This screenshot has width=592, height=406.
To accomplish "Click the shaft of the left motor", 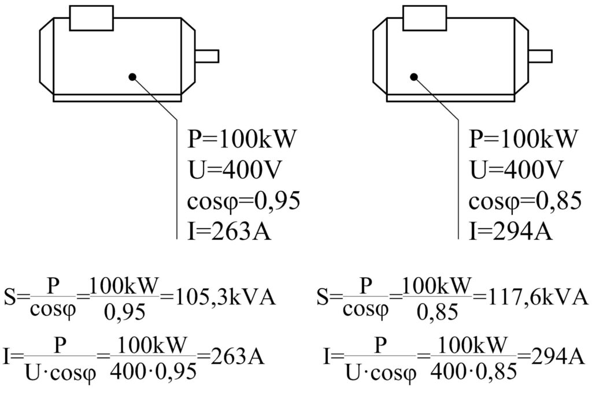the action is [207, 56].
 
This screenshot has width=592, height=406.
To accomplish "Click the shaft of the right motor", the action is [541, 56].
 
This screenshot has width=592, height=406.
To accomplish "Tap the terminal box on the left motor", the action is [91, 18].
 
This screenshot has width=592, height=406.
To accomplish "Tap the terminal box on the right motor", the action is [425, 18].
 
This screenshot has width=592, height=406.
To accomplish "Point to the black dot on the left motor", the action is [132, 77].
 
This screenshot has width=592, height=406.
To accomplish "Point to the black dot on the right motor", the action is [414, 77].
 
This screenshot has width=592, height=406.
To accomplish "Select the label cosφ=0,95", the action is [244, 201].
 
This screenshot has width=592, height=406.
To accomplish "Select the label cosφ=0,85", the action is [525, 201].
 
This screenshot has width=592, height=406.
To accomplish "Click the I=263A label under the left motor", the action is [230, 231].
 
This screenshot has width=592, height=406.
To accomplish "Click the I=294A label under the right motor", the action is [511, 231].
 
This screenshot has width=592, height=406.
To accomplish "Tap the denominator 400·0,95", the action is [154, 371].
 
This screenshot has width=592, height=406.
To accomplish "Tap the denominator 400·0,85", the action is [473, 371].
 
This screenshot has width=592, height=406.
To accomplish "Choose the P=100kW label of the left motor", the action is [240, 139].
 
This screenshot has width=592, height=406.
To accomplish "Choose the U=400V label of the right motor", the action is [516, 170].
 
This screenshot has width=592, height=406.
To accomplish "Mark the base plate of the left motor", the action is [117, 98].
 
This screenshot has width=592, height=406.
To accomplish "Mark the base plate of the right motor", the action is [451, 98].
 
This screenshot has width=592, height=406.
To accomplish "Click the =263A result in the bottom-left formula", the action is [231, 356].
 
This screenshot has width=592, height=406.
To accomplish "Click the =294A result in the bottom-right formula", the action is [551, 356].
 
